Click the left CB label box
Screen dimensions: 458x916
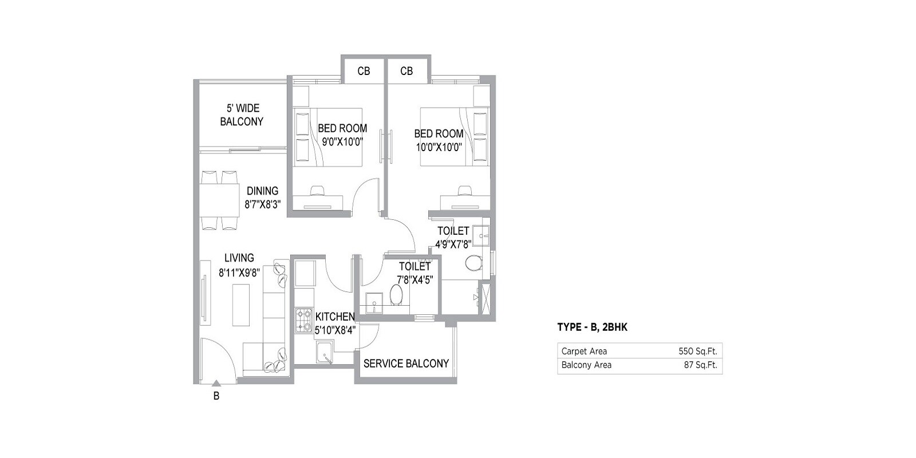[x=364, y=71]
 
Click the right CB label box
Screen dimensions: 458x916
[x=406, y=71]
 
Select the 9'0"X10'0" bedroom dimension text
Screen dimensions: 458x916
[x=342, y=141]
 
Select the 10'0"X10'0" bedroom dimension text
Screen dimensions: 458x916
[x=439, y=146]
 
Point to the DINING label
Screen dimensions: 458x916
[x=262, y=191]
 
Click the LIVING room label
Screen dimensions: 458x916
[x=239, y=258]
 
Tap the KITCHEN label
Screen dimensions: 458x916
[x=335, y=317]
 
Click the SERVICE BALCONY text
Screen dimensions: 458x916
[x=406, y=364]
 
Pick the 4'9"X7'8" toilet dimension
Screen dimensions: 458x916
[x=453, y=244]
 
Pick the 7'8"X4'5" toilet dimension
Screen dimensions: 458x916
[x=414, y=280]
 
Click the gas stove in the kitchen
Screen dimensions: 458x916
[x=303, y=321]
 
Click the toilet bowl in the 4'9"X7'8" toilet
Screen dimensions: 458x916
[x=473, y=264]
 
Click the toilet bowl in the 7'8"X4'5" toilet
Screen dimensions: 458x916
[x=396, y=295]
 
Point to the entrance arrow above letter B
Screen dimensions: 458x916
[x=216, y=384]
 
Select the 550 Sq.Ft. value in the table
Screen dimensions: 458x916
[x=697, y=351]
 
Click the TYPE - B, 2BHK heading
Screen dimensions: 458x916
[x=593, y=327]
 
